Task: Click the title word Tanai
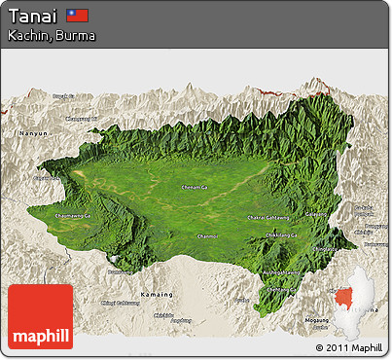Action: coord(32,16)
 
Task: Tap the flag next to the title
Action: coord(78,16)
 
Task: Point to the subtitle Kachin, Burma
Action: coord(51,35)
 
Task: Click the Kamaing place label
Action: coord(157,293)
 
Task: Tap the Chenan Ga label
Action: coord(194,187)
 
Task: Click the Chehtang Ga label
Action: coord(281,290)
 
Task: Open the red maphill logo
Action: coord(40,317)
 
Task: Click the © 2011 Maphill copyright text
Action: coord(348,347)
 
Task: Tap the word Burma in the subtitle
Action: coord(77,35)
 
